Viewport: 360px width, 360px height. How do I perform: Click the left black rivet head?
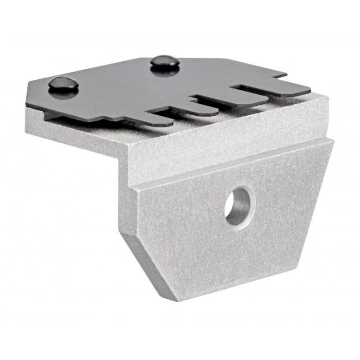[63, 83]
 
